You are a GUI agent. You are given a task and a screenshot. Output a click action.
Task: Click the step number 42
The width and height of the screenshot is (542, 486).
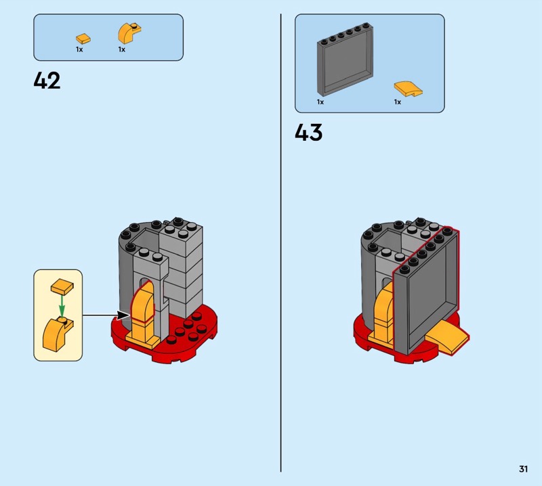(x=47, y=81)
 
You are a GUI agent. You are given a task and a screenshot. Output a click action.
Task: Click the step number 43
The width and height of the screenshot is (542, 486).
(x=309, y=132)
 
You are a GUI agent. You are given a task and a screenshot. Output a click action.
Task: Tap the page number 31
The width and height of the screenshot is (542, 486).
(x=523, y=468)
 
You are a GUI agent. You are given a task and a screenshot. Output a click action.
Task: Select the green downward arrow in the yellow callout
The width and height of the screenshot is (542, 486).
(x=62, y=305)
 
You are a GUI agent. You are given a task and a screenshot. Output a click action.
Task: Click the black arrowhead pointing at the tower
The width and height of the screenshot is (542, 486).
(x=123, y=315)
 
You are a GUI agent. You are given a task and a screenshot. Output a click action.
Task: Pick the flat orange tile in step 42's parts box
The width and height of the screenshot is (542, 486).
(x=83, y=39)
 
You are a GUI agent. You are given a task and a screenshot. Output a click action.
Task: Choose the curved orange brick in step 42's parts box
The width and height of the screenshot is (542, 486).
(x=129, y=33)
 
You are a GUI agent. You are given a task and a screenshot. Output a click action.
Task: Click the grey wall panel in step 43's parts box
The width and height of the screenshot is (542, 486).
(x=345, y=60)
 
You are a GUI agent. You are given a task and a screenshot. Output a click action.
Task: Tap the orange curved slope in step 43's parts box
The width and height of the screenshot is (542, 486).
(x=409, y=89)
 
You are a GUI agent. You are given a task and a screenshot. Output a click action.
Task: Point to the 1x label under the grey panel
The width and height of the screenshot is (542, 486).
(x=320, y=102)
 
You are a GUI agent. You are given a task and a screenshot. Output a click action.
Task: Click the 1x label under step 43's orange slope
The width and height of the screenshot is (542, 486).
(x=398, y=102)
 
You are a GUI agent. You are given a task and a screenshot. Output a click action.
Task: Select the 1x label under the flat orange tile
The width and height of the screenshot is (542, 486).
(x=79, y=49)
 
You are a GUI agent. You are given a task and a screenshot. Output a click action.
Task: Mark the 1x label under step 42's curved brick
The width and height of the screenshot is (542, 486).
(x=122, y=49)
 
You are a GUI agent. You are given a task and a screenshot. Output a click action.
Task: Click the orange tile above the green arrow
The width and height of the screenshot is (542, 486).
(x=62, y=286)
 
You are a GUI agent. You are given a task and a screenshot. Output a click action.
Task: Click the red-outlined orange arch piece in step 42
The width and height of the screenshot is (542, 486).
(x=142, y=301)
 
